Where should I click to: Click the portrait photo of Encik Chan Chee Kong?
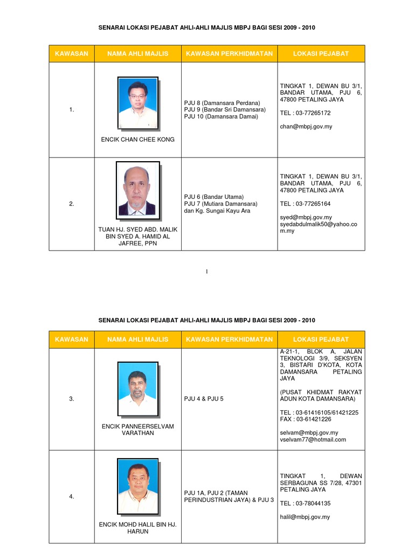137,103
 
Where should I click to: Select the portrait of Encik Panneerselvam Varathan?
137,388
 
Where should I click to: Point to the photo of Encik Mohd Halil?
137,486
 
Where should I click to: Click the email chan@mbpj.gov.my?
305,127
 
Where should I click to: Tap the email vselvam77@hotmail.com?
313,439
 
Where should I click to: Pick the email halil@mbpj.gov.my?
305,516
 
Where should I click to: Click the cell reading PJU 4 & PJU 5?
203,399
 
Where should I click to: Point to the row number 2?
72,204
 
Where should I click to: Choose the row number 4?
72,496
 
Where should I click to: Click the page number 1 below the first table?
206,272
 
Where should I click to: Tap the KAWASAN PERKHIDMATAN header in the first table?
229,53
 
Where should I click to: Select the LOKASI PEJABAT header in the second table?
321,339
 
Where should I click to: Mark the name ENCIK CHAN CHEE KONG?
137,140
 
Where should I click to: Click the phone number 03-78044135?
315,503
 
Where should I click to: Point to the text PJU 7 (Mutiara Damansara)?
220,204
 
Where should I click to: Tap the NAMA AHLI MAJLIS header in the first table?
137,53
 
